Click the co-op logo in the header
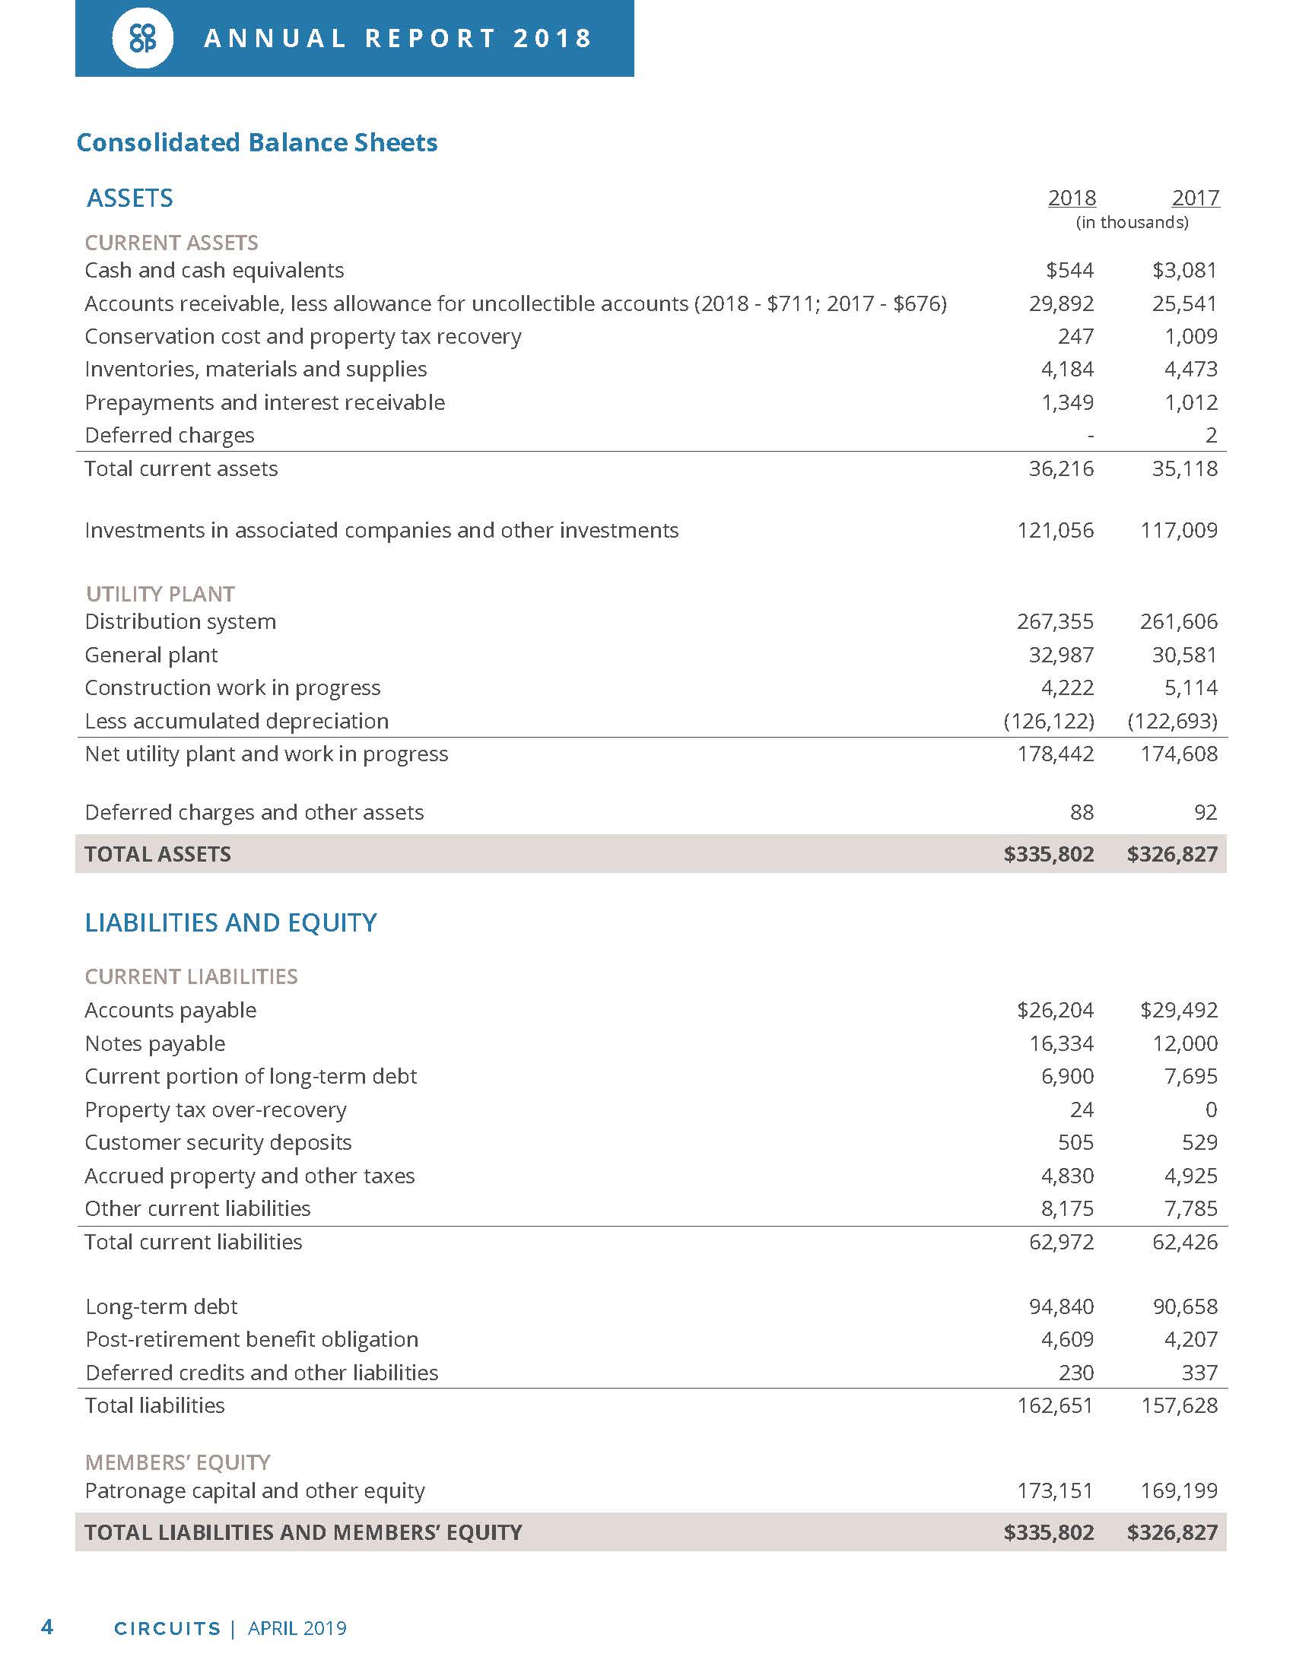[142, 38]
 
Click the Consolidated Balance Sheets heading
[256, 142]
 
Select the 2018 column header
[1072, 198]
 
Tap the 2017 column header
[1195, 198]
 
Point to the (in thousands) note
[1133, 222]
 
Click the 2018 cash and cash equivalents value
[1070, 271]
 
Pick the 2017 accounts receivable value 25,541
[1184, 303]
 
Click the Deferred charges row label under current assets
[170, 435]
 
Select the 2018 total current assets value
[1061, 468]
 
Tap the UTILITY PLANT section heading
[160, 594]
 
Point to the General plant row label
[151, 655]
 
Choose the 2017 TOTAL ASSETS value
[1172, 854]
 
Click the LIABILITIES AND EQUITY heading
[230, 922]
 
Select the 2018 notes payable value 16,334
[1061, 1043]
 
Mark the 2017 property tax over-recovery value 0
[1211, 1110]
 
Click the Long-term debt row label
[160, 1306]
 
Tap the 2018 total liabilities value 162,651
[1055, 1405]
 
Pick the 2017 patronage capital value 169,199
[1179, 1490]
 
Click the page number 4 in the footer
[46, 1627]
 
